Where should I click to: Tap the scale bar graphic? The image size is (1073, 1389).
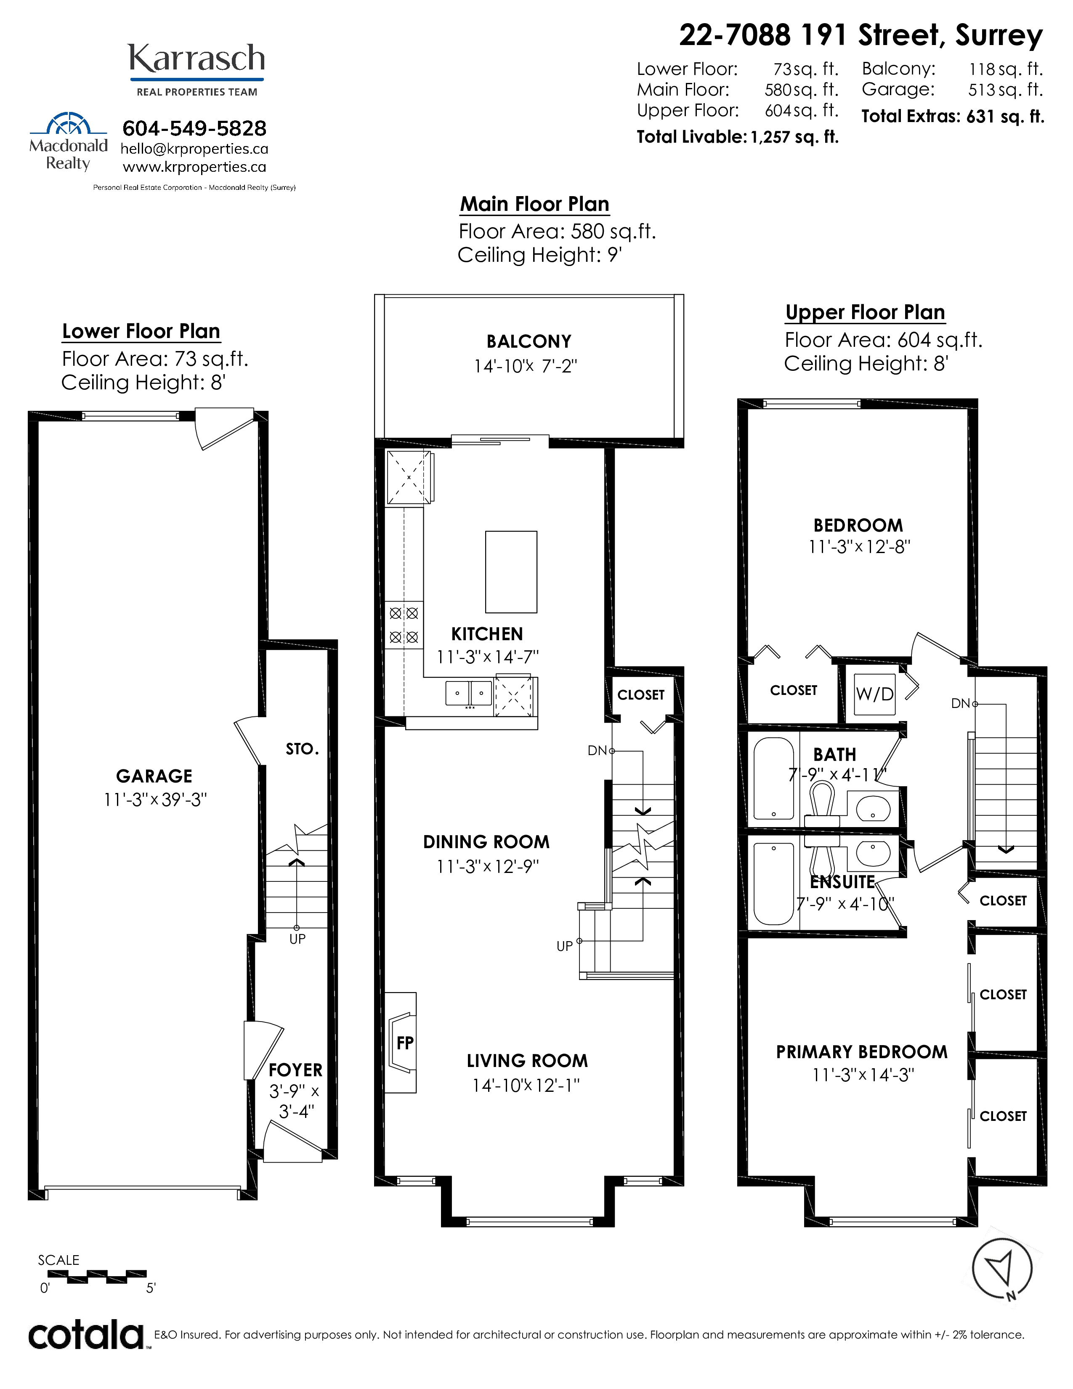pyautogui.click(x=97, y=1275)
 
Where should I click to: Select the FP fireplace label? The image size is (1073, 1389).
pyautogui.click(x=405, y=1043)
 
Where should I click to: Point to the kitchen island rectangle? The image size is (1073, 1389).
pyautogui.click(x=511, y=572)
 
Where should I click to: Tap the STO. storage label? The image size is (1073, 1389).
pyautogui.click(x=302, y=749)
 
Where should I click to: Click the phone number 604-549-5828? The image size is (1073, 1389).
pyautogui.click(x=194, y=128)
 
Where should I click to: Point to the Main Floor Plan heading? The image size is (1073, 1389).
pyautogui.click(x=534, y=204)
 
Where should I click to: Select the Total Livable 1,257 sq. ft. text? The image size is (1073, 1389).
pyautogui.click(x=738, y=137)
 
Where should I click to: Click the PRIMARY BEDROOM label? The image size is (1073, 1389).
pyautogui.click(x=861, y=1052)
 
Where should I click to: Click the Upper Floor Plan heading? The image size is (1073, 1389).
pyautogui.click(x=865, y=312)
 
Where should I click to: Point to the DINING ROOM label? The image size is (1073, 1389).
pyautogui.click(x=486, y=842)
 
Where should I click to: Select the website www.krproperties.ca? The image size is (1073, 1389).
pyautogui.click(x=194, y=167)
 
